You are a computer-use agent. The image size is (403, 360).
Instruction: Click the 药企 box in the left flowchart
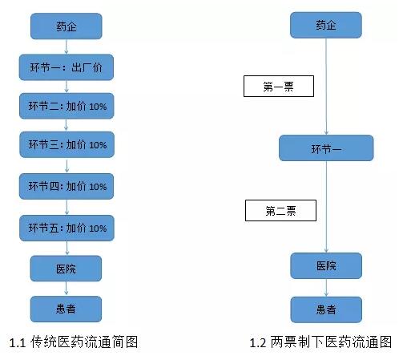(66, 26)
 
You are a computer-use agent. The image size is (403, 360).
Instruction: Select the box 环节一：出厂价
(66, 67)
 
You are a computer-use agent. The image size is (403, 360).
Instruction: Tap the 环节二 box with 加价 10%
(66, 106)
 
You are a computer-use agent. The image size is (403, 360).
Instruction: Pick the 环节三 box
(67, 144)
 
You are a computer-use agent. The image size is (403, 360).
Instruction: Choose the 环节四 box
(66, 186)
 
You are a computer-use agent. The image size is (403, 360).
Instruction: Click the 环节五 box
(66, 228)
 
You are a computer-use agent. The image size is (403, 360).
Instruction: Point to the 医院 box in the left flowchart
(66, 269)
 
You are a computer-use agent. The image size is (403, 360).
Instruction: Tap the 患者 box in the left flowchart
(66, 309)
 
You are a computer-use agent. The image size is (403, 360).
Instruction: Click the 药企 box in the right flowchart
(326, 25)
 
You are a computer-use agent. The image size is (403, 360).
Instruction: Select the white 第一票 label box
(279, 86)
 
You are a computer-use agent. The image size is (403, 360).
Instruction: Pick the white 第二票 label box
(280, 210)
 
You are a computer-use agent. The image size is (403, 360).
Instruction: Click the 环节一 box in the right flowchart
(326, 148)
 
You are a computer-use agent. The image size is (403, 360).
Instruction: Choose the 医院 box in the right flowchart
(326, 265)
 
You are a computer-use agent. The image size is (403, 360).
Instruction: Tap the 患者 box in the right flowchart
(326, 309)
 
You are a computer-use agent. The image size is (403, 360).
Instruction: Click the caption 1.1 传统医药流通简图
(74, 342)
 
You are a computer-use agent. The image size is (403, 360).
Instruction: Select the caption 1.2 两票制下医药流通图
(320, 342)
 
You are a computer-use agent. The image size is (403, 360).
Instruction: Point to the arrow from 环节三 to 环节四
(66, 166)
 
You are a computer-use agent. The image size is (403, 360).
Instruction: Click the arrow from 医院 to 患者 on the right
(326, 288)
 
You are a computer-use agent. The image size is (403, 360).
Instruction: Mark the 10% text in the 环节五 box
(98, 229)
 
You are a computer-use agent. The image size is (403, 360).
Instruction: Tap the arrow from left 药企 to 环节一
(66, 47)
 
